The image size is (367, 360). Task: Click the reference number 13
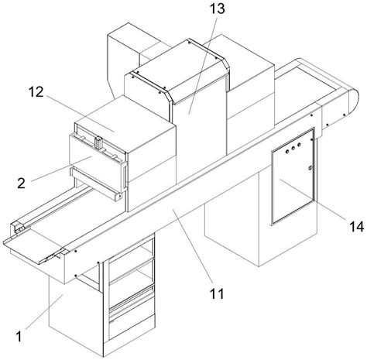(x=217, y=9)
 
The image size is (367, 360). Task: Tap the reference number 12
(x=36, y=92)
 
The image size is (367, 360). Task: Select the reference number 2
(x=21, y=183)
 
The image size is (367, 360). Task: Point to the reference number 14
(x=356, y=227)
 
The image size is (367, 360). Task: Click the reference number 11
(x=217, y=293)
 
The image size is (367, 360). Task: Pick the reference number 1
(x=19, y=337)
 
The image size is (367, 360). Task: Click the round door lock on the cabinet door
(x=310, y=168)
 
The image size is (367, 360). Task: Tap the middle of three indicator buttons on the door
(x=293, y=148)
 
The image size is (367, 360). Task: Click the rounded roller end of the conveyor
(x=353, y=102)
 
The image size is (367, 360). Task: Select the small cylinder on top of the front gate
(x=98, y=142)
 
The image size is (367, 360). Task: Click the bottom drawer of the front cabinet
(x=132, y=326)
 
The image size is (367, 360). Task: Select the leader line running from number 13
(x=202, y=64)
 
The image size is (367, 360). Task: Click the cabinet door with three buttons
(x=293, y=177)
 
